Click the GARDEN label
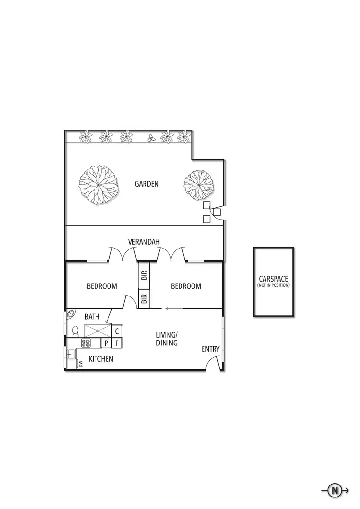pyautogui.click(x=146, y=184)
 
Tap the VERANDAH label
pyautogui.click(x=144, y=242)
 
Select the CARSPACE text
pyautogui.click(x=273, y=279)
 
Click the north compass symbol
pyautogui.click(x=334, y=490)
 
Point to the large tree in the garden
pyautogui.click(x=98, y=185)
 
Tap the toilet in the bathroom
pyautogui.click(x=75, y=331)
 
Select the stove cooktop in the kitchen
pyautogui.click(x=86, y=343)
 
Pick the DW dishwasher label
pyautogui.click(x=80, y=364)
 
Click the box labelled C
pyautogui.click(x=117, y=331)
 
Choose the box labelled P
pyautogui.click(x=106, y=343)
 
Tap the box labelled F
pyautogui.click(x=117, y=343)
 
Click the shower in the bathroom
pyautogui.click(x=97, y=331)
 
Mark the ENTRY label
pyautogui.click(x=210, y=349)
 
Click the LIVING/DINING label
pyautogui.click(x=167, y=339)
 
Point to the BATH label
pyautogui.click(x=92, y=317)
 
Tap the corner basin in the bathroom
pyautogui.click(x=69, y=315)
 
